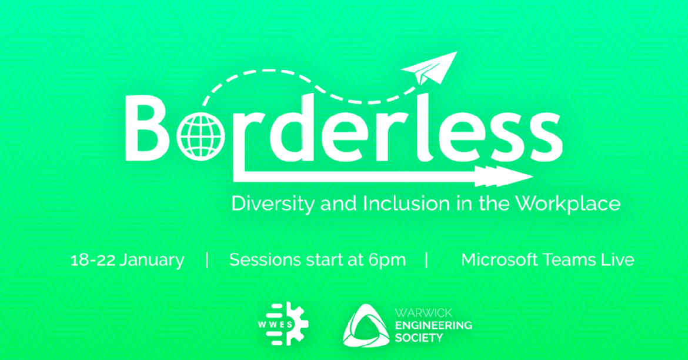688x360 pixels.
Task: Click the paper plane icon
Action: (428, 68)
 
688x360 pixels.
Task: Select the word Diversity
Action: (272, 204)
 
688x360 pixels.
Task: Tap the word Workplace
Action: (568, 204)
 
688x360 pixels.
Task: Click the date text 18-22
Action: (92, 260)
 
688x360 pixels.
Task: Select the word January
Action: (152, 261)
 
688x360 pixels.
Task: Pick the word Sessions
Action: (258, 260)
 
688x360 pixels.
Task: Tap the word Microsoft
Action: (502, 260)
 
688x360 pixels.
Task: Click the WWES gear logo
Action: (283, 324)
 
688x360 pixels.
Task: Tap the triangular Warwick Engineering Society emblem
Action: (366, 326)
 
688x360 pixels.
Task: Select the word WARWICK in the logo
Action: (423, 313)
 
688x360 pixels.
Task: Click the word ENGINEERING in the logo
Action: (433, 325)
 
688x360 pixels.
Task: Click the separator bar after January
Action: (206, 261)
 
